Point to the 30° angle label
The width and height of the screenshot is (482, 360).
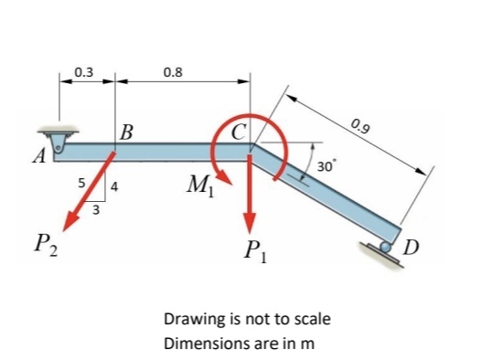point(326,165)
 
